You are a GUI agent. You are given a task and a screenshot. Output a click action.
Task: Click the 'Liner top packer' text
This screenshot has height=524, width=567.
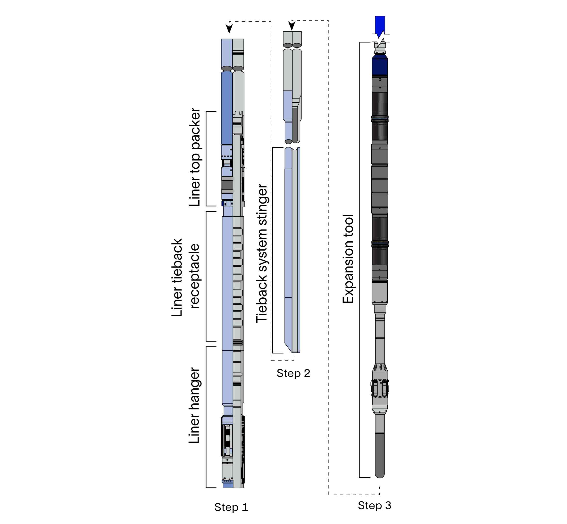coord(195,157)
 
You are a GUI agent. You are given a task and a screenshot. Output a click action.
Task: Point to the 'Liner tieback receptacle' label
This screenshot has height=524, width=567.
coord(186,277)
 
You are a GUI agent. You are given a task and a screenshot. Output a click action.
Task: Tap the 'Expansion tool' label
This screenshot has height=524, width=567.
coord(348,259)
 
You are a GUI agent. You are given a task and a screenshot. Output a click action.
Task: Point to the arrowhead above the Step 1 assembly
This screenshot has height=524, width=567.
coord(229,29)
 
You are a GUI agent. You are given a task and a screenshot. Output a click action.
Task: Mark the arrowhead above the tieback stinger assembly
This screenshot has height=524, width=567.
coord(292,25)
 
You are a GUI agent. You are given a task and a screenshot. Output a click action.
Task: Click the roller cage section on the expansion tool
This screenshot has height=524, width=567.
coord(380,388)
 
